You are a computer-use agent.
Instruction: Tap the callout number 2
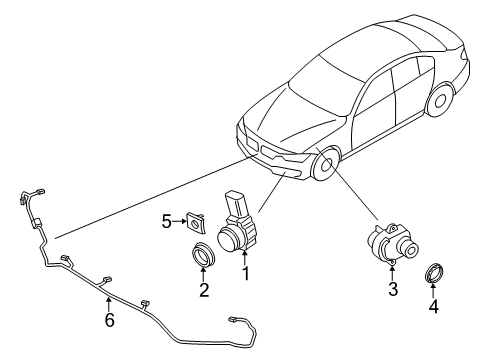tap(203, 291)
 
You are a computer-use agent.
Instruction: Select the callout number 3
tap(393, 290)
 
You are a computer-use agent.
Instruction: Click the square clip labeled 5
tap(195, 217)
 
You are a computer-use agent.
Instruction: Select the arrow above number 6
tap(109, 303)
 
